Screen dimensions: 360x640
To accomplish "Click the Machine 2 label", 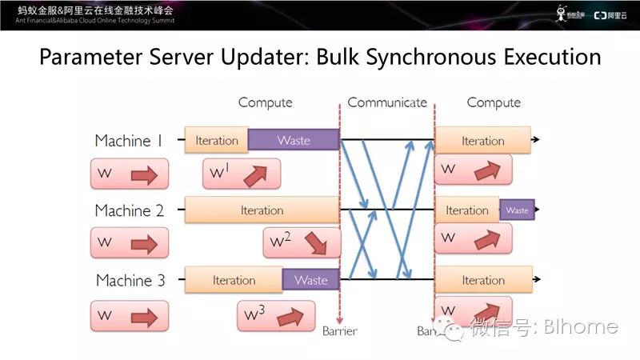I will [x=129, y=211].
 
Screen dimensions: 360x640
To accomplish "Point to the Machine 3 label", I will [x=130, y=281].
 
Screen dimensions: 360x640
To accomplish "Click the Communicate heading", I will [x=387, y=103].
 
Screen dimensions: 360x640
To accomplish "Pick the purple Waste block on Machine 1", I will [x=293, y=141].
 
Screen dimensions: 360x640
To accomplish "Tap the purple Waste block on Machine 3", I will [x=310, y=280].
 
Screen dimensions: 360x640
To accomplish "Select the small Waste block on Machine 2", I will [x=517, y=210].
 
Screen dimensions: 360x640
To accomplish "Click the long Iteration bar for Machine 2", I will [x=262, y=210].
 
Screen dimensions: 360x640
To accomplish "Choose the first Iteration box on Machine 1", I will [x=216, y=141].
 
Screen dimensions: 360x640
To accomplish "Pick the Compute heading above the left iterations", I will [x=265, y=103].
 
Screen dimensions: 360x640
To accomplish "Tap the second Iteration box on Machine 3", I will [x=482, y=280].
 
